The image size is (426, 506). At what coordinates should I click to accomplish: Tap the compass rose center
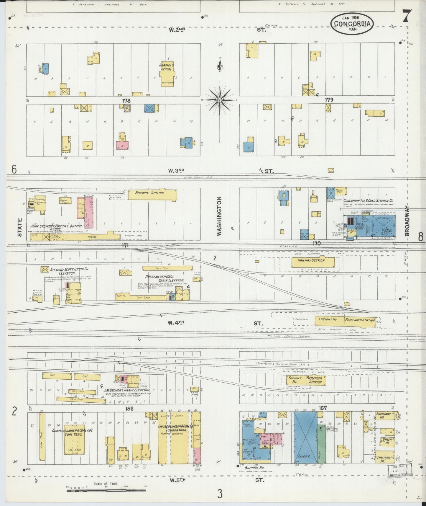point(220,100)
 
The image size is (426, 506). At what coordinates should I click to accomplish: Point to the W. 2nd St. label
point(177,30)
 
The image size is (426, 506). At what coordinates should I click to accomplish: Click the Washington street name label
point(219,216)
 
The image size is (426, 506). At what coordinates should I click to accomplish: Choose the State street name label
point(20,227)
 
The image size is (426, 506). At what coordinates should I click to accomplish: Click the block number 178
point(126,101)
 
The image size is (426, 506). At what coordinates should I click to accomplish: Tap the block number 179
point(329,100)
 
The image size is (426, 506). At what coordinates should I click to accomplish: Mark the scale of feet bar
point(106,490)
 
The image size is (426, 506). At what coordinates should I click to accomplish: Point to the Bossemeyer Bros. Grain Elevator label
point(165,278)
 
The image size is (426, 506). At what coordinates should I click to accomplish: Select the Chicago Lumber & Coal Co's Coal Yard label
point(72,432)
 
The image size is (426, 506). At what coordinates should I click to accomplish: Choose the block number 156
point(129,409)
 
